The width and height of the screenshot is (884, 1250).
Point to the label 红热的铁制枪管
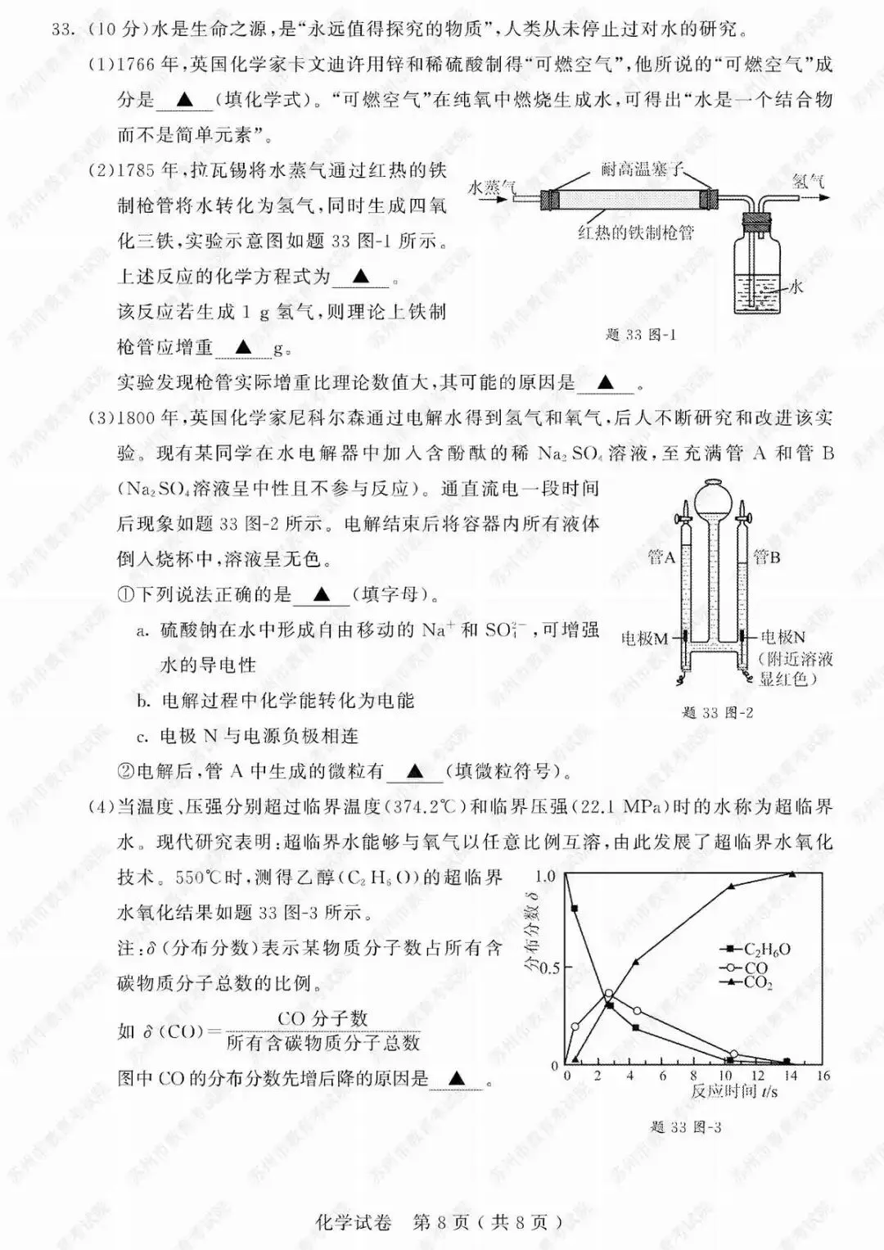point(635,232)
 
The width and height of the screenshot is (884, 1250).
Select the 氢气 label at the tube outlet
point(808,181)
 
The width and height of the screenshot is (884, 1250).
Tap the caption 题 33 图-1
point(641,335)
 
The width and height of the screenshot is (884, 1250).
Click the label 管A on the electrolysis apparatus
point(661,557)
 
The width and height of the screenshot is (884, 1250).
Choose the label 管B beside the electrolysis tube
point(766,557)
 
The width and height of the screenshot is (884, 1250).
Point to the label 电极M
point(645,638)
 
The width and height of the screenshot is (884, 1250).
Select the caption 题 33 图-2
point(717,713)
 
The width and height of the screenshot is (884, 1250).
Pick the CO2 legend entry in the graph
point(758,981)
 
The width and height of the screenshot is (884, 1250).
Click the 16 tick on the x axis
point(823,1075)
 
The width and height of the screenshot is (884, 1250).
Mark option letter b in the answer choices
point(143,701)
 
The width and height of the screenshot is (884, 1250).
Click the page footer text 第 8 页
point(441,1222)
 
